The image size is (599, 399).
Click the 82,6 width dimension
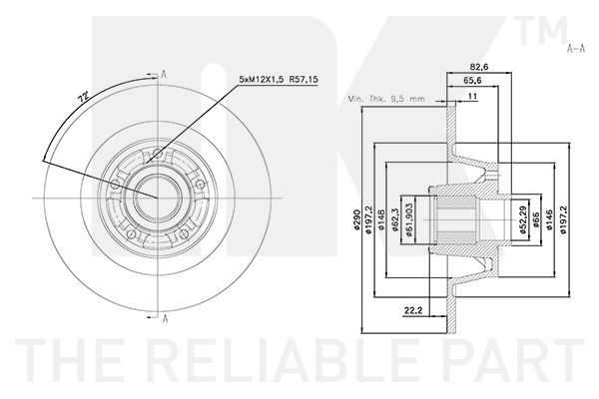[479, 67]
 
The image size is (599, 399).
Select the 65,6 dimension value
[472, 80]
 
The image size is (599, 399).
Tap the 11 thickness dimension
[472, 96]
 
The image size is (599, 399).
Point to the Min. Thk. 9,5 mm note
[386, 99]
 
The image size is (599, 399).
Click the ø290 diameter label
[356, 219]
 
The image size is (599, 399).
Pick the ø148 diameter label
[381, 219]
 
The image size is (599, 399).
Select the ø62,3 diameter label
[394, 219]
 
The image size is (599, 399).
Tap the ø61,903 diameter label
[408, 219]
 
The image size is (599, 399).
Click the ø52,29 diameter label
[522, 219]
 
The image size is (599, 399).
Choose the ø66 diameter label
[535, 219]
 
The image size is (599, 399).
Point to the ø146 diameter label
[549, 219]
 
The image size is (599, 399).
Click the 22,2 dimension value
[413, 311]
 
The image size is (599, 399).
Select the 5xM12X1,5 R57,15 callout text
[279, 80]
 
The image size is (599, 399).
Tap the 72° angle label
[83, 96]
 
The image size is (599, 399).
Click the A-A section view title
[576, 49]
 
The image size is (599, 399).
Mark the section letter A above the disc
[164, 74]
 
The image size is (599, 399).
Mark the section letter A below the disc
[165, 319]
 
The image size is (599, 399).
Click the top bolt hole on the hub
[157, 154]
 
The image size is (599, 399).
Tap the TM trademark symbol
[541, 30]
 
